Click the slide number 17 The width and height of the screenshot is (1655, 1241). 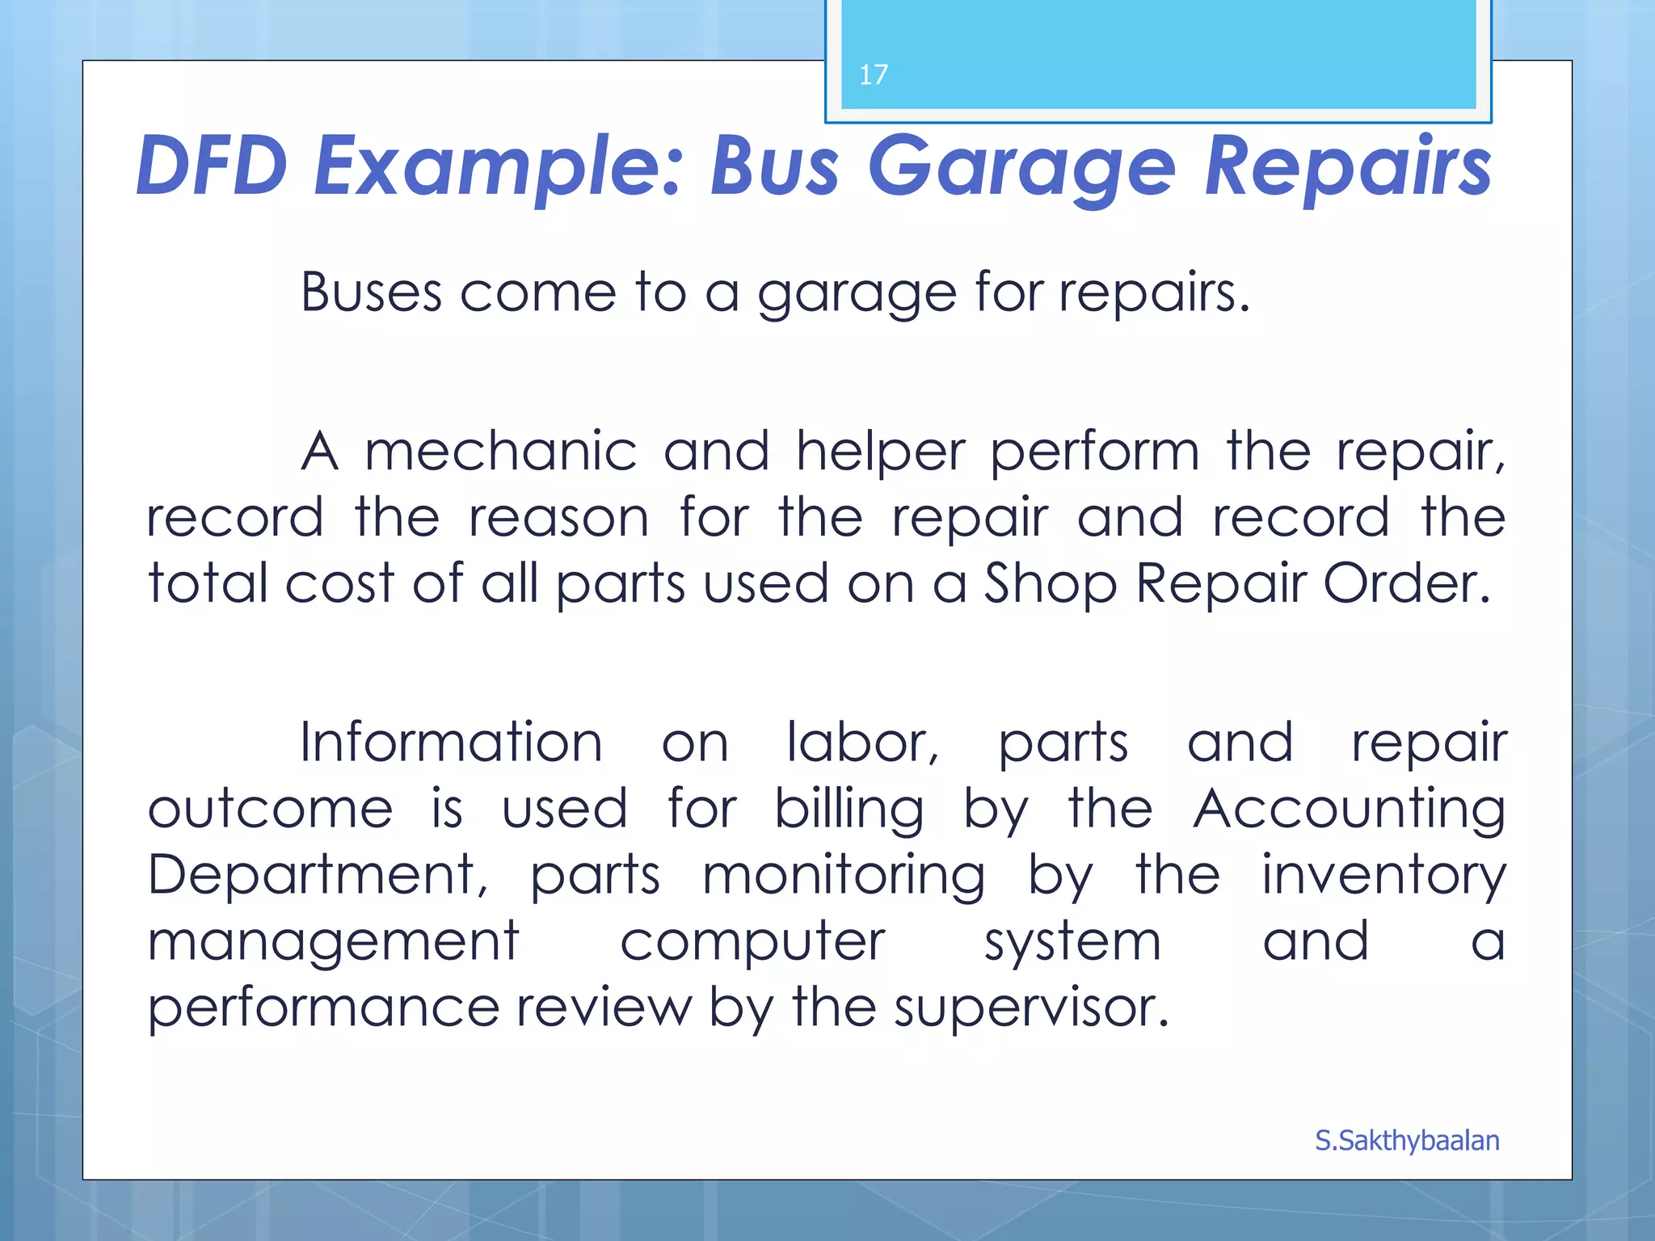coord(873,75)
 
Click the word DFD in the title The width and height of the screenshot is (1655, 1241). coord(212,166)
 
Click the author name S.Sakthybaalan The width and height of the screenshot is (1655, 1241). coord(1407,1140)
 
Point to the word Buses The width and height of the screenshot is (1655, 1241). coord(371,292)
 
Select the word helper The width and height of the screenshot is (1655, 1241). coord(880,452)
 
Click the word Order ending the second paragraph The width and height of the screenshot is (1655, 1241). coord(1404,583)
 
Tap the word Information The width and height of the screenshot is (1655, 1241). coord(451,742)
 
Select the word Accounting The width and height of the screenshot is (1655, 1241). coord(1349,810)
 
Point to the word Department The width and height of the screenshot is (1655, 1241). coord(317,876)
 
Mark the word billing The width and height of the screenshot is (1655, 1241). coord(849,810)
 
